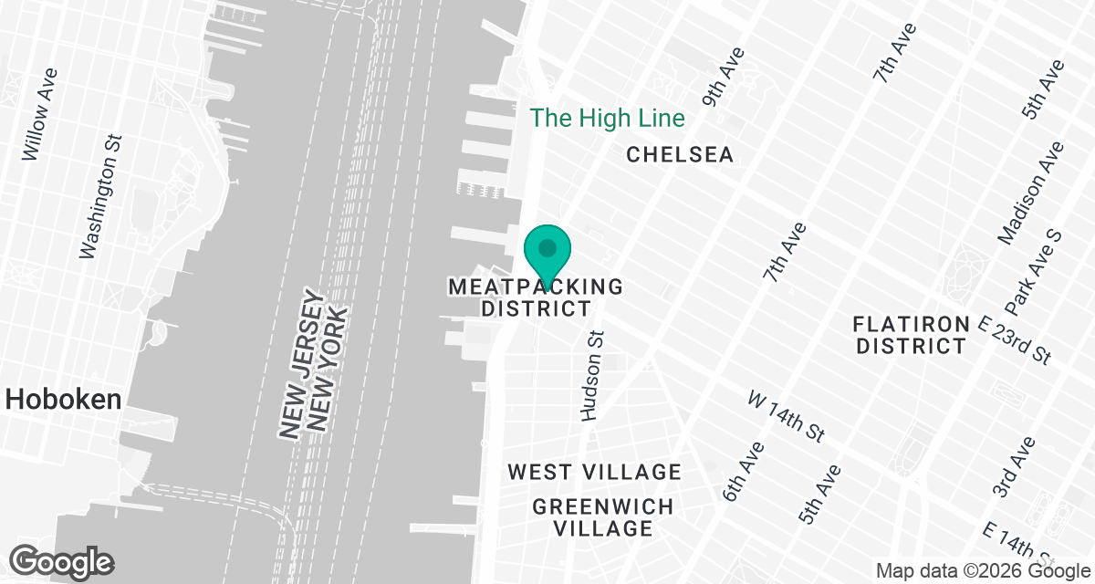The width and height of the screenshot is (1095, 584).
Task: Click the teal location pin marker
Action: (547, 251)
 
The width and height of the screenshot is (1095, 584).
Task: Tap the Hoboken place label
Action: (64, 399)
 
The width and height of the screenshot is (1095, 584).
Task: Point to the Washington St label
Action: (101, 198)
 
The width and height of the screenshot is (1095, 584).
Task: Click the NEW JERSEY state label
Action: (298, 365)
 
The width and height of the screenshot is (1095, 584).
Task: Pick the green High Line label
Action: (608, 118)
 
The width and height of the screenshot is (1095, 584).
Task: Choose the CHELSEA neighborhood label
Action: (680, 155)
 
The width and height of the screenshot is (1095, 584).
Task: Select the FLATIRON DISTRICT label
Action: (910, 335)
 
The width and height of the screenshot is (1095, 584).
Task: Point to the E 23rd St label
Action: (1016, 339)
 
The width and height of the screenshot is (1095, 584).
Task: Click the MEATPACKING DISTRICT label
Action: (537, 297)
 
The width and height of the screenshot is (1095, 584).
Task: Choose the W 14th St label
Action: (787, 416)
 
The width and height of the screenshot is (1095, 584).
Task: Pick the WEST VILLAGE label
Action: (595, 472)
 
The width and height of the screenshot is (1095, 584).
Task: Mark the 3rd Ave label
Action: (1014, 467)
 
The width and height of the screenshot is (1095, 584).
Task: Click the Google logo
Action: (62, 560)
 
